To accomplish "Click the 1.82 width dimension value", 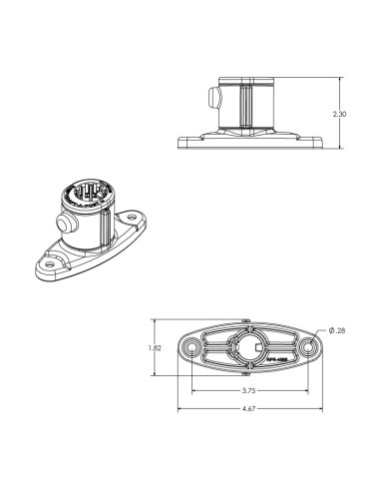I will click(153, 347).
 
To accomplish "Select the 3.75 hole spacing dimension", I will click(246, 391).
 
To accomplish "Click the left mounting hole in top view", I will click(190, 347).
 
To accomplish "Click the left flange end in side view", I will click(183, 141).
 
